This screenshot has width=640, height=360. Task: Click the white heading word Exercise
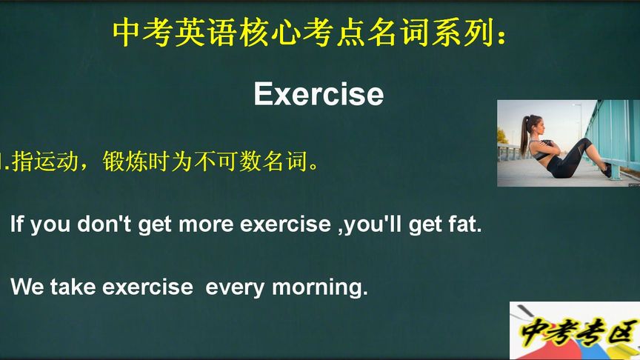tap(319, 95)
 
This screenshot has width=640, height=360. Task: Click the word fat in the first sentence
tap(463, 224)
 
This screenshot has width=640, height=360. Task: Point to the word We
tap(27, 287)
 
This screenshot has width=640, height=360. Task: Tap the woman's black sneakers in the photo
tap(607, 170)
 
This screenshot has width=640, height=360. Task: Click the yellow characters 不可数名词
tap(261, 161)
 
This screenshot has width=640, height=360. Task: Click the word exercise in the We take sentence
tap(147, 287)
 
